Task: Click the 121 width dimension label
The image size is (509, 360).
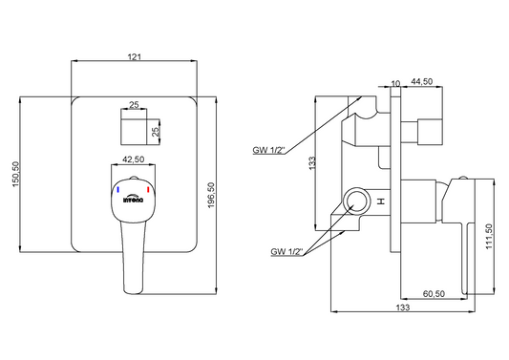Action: (135, 56)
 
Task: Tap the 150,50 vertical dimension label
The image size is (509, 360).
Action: (16, 175)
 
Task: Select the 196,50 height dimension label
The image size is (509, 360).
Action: (212, 195)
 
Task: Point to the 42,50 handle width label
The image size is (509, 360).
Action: (133, 159)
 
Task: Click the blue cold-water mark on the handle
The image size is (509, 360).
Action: (118, 190)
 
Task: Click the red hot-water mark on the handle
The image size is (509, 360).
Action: (148, 189)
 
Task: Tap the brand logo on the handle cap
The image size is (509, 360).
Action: (133, 199)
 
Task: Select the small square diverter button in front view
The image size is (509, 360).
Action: (134, 132)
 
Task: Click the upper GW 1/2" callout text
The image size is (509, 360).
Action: (268, 150)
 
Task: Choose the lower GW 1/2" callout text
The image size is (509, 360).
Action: (286, 251)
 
